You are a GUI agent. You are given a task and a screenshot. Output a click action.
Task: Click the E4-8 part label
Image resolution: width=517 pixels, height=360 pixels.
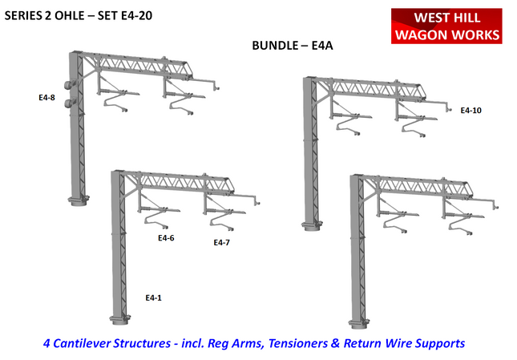(x=46, y=98)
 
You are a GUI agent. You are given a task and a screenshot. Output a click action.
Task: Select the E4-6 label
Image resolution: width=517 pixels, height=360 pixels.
(x=166, y=238)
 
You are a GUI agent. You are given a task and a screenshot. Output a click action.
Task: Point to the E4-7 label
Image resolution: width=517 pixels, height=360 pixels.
(x=222, y=242)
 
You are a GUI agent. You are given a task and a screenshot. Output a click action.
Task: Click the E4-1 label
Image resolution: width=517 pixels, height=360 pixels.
(x=153, y=297)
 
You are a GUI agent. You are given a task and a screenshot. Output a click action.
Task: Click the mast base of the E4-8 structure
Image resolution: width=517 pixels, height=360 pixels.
(x=78, y=199)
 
